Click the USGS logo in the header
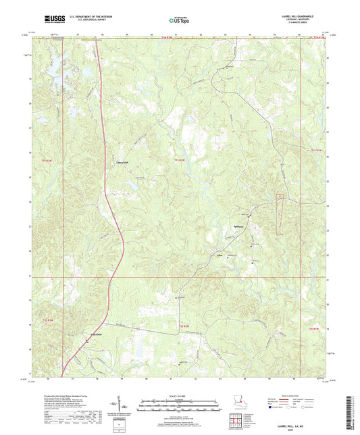point(53,19)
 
